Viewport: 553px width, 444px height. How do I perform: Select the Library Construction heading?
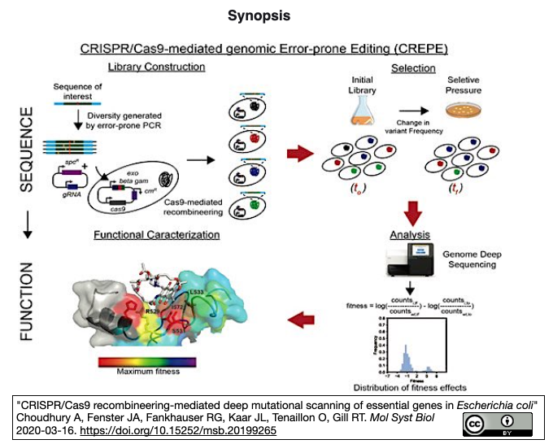156,67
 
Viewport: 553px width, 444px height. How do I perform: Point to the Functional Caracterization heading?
156,235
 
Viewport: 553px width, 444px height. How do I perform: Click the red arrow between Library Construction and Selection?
301,152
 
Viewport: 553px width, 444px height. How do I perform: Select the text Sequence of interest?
78,92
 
